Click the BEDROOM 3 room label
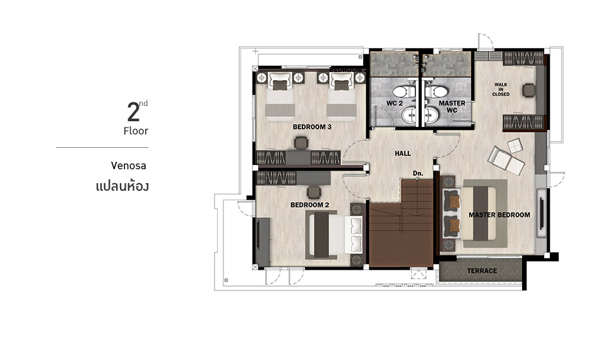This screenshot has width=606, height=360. point(312,127)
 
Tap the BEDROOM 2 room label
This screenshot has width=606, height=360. point(309,205)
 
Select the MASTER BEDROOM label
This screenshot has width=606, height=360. point(499,215)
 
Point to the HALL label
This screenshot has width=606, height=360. point(403,153)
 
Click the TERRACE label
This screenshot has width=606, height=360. point(482,271)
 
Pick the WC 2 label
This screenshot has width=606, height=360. point(395,103)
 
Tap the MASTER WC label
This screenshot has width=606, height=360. point(452,107)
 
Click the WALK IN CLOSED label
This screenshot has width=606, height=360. point(501,89)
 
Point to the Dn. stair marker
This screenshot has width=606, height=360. point(418,173)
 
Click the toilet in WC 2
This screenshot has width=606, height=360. point(404,92)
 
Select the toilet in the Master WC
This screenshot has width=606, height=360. point(436,92)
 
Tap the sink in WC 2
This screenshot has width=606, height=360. point(408,115)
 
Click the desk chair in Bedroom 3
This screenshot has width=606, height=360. point(301,143)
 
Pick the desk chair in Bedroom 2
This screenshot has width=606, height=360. point(314,192)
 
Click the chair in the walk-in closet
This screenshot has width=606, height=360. point(529,90)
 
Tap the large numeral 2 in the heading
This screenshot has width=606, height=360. point(133,112)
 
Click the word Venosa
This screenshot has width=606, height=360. point(128,166)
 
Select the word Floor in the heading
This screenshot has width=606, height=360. point(136,131)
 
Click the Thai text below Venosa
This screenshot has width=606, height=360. point(122,186)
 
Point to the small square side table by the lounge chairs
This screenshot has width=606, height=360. point(515,146)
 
